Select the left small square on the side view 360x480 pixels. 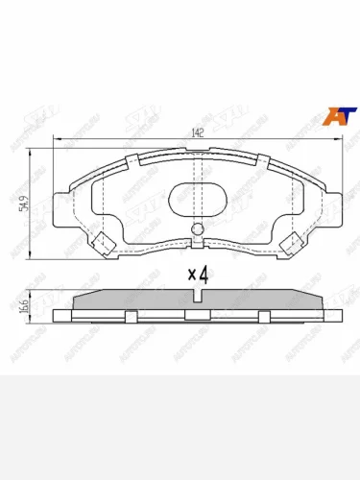click(128, 314)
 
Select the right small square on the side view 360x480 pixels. click(263, 314)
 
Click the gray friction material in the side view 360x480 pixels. click(144, 300)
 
